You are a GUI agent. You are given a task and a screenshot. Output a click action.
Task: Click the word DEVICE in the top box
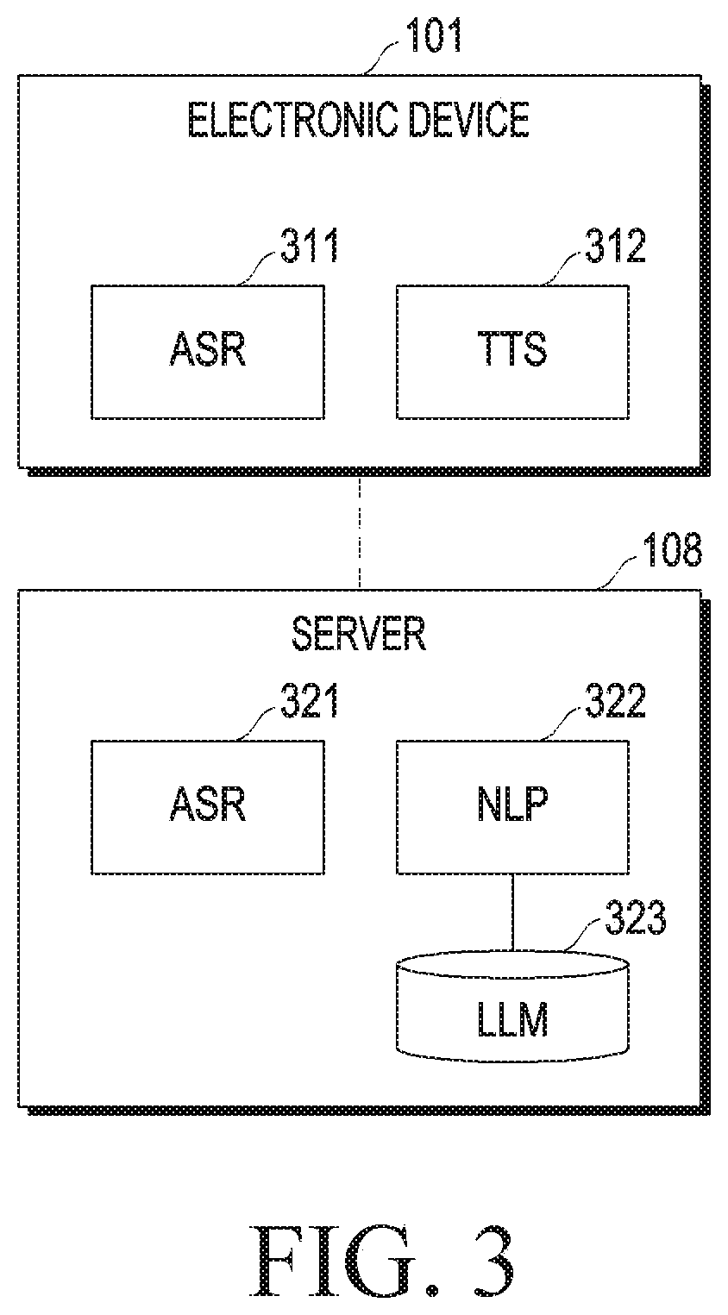click(x=469, y=120)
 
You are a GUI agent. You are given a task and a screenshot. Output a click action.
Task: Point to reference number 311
click(x=310, y=246)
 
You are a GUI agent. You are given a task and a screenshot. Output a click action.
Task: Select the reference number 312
click(x=615, y=246)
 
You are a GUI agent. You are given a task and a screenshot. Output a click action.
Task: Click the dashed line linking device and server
click(x=360, y=533)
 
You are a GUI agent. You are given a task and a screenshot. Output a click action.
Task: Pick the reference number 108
click(x=673, y=550)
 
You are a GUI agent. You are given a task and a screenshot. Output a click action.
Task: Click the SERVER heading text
click(x=359, y=634)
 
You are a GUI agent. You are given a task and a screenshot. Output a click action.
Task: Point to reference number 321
click(x=310, y=701)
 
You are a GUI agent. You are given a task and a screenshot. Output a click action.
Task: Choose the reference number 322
click(x=615, y=701)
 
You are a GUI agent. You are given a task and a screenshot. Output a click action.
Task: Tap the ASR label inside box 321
click(x=208, y=804)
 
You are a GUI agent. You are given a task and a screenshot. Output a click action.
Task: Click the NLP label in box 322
click(x=512, y=804)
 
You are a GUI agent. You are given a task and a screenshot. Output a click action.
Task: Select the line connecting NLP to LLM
click(x=513, y=912)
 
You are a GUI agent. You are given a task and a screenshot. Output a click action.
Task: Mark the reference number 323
click(x=635, y=917)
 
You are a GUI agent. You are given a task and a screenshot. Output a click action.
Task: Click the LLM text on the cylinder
click(x=512, y=1020)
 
